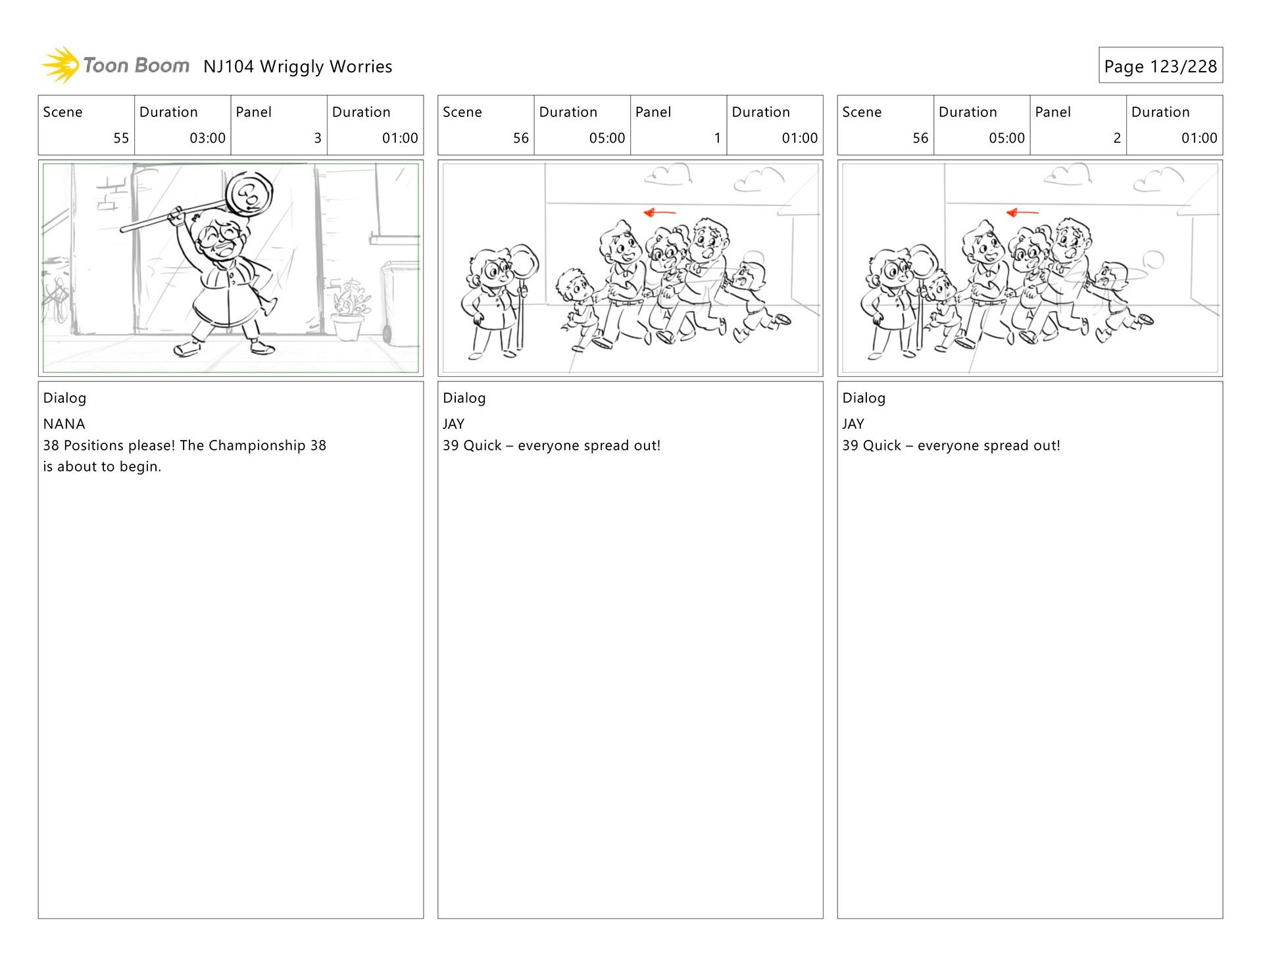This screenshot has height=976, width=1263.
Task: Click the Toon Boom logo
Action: pos(115,65)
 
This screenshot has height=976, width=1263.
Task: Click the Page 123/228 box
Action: pos(1160,65)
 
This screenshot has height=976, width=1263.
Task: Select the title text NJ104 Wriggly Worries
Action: pos(298,66)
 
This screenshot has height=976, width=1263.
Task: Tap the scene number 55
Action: pos(121,138)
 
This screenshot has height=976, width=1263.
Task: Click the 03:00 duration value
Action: pos(207,138)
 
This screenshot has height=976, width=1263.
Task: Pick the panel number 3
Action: pos(318,138)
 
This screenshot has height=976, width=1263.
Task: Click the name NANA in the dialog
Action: pos(64,424)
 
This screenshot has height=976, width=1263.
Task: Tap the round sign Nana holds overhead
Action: pos(249,194)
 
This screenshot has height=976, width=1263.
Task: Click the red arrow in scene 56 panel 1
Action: pos(659,212)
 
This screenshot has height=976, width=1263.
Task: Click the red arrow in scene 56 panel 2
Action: pos(1022,212)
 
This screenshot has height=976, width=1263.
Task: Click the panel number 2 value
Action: pos(1117,138)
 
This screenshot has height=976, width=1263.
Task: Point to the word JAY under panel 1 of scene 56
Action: pos(454,424)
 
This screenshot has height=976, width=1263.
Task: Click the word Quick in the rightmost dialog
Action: pos(882,446)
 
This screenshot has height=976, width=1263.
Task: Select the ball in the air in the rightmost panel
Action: pos(1153,260)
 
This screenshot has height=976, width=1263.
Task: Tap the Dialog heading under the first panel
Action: pos(64,399)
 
